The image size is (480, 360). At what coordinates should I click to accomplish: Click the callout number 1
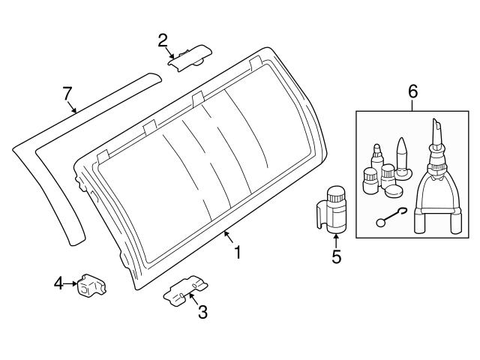tap(238, 253)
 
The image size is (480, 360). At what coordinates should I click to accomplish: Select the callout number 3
tap(202, 312)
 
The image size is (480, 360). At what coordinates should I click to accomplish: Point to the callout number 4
tap(58, 283)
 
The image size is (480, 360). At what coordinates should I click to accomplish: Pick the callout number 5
tap(336, 256)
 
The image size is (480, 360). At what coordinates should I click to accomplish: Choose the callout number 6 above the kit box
tap(412, 92)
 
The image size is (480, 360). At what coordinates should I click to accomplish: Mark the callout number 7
tap(67, 93)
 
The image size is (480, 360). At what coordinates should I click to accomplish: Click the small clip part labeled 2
tap(189, 56)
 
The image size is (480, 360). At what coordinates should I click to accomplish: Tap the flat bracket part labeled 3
tap(184, 289)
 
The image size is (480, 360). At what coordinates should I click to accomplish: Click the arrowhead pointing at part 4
tap(75, 283)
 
